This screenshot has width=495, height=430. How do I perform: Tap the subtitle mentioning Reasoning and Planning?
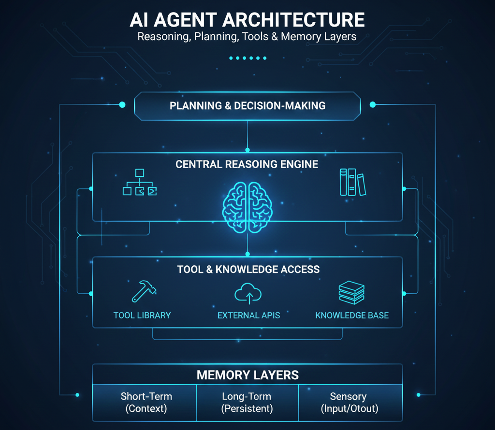coord(247,37)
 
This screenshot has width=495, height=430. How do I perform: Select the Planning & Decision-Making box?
coord(247,105)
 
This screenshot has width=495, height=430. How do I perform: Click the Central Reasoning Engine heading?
coord(247,164)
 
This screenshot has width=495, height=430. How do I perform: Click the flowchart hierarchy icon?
coord(140,182)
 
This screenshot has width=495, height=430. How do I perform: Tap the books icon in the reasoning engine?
coord(352,182)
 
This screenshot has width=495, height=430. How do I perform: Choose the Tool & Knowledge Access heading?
coord(247,269)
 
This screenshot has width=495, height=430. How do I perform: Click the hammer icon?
coord(144,291)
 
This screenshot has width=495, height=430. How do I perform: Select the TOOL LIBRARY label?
coord(142,315)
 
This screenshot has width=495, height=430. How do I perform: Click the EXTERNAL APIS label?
coord(248,315)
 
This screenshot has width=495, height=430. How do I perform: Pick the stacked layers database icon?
coord(351,293)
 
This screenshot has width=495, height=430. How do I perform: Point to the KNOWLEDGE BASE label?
coord(352,315)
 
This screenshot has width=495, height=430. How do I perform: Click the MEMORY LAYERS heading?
coord(247,375)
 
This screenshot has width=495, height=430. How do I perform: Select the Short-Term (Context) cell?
coord(146,402)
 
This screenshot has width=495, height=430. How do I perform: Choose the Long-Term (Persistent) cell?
coord(247,402)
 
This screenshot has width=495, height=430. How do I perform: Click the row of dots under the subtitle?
coord(247,58)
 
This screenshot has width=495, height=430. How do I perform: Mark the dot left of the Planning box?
coord(122,104)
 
